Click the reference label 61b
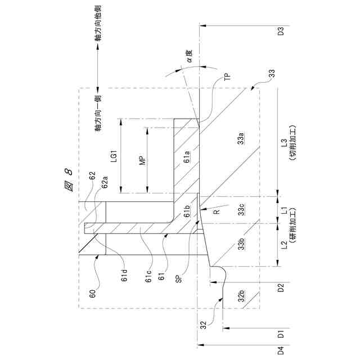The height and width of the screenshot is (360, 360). click(x=187, y=211)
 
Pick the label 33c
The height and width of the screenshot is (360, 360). click(x=240, y=211)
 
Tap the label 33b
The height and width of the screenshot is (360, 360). click(x=240, y=243)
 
